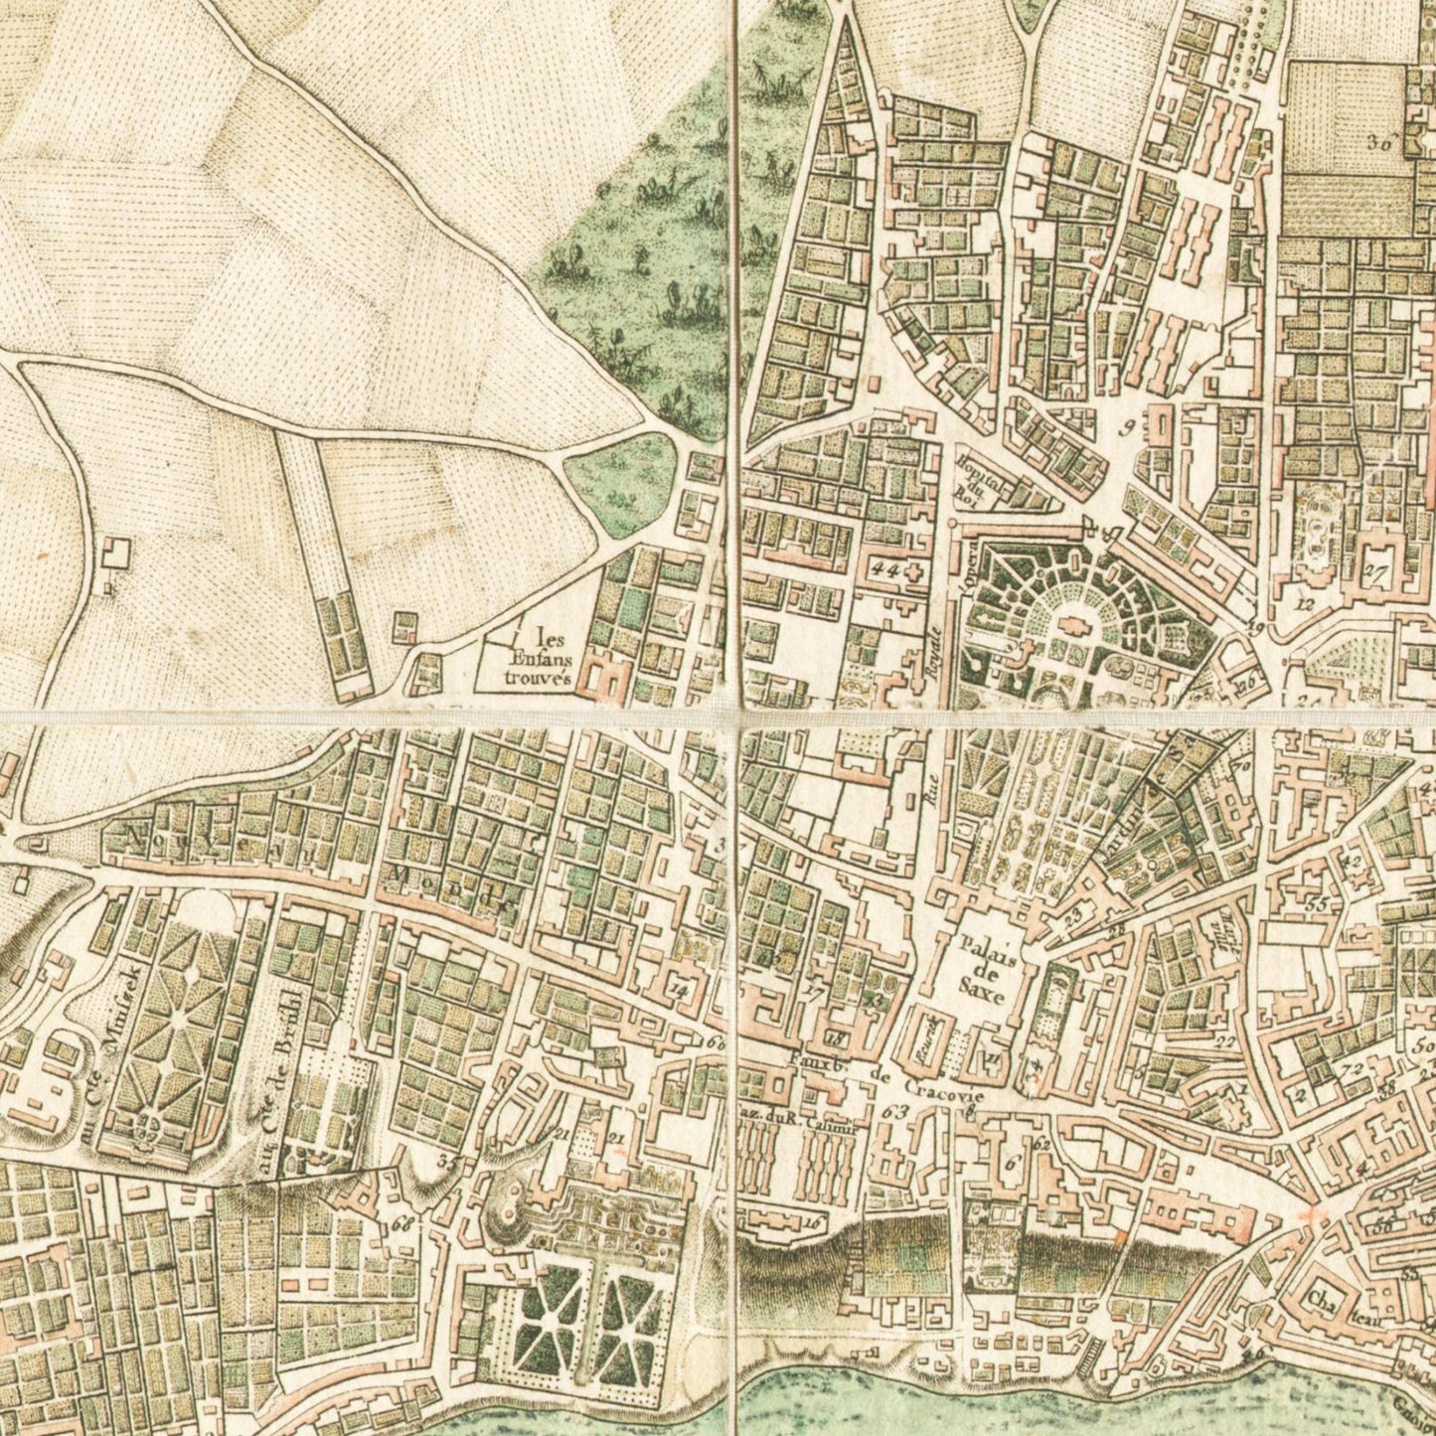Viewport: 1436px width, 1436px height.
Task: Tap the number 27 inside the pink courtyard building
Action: (x=1375, y=570)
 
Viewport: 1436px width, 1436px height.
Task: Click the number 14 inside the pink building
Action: (x=679, y=988)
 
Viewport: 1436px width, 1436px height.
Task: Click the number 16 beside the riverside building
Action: (x=815, y=1223)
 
